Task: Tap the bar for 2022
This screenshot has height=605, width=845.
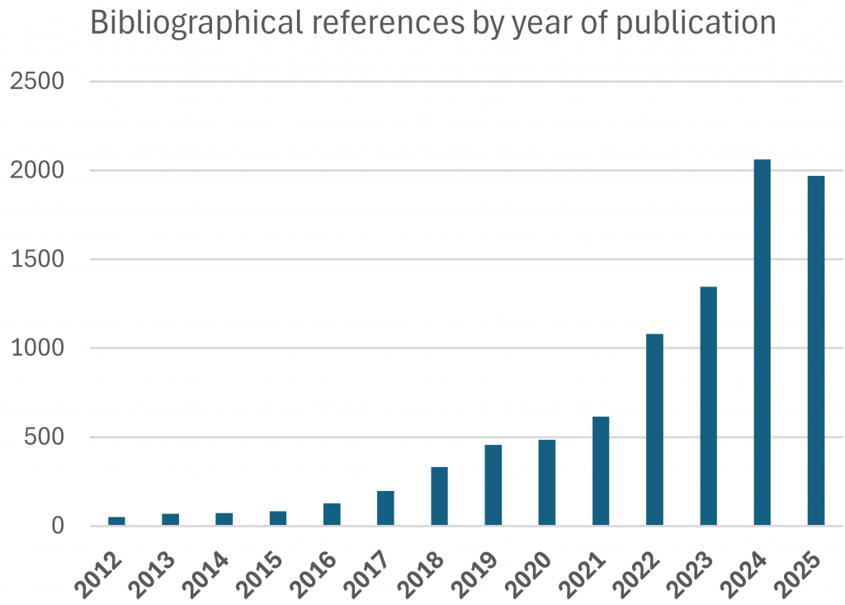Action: point(654,429)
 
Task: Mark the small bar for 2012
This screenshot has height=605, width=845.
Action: point(116,521)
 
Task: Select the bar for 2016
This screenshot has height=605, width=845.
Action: point(332,514)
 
